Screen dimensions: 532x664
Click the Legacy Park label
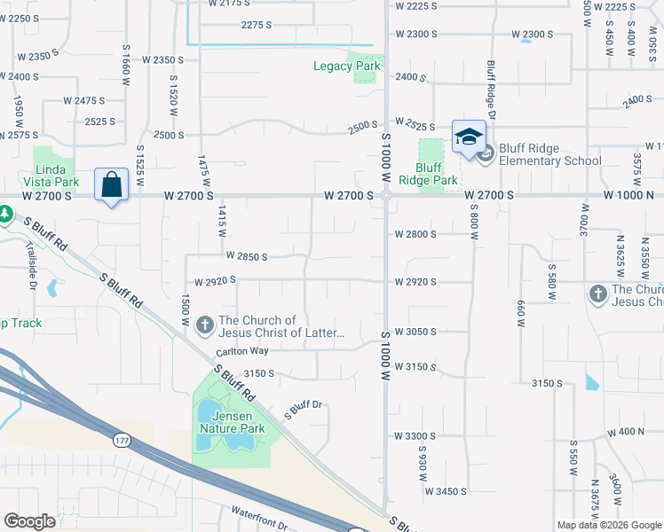pos(347,66)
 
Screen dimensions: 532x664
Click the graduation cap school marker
pos(469,137)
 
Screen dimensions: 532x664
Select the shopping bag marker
pos(112,184)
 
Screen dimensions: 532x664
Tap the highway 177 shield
pos(122,439)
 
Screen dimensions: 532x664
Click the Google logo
pos(29,521)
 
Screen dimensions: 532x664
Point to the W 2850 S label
pos(247,256)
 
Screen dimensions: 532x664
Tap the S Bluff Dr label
pos(302,410)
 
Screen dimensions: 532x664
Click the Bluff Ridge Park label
pos(428,174)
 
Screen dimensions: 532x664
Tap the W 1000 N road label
pos(630,194)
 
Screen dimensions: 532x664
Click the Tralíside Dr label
pos(30,265)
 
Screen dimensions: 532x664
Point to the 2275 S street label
pos(257,25)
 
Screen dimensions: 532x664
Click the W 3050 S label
pos(415,331)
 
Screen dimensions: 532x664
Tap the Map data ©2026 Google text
pos(608,525)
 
